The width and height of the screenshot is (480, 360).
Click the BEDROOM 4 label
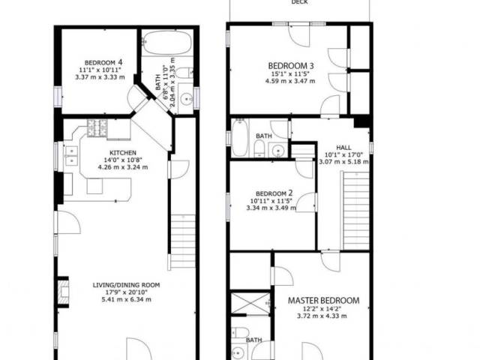coord(104,62)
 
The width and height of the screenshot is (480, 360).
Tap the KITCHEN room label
coord(123,153)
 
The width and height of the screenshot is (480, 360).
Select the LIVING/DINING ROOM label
coord(126,285)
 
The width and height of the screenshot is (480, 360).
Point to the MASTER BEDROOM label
coord(323,300)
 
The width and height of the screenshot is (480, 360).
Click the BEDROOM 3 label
coord(290,65)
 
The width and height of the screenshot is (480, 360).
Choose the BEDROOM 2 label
coord(274,193)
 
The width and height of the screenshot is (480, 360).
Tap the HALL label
coord(343,148)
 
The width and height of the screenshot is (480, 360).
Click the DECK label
coord(299,2)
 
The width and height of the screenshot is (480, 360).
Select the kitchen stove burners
coord(97,127)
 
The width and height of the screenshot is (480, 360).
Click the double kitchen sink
coord(72,155)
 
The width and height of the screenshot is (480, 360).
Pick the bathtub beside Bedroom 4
coord(167,43)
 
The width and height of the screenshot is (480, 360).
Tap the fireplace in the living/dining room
coord(64,292)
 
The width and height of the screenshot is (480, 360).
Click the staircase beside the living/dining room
coord(183,241)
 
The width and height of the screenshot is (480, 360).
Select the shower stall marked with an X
coord(250,303)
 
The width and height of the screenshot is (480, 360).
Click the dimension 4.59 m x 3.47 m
coord(290,81)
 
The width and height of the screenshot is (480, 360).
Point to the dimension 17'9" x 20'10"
coord(126,292)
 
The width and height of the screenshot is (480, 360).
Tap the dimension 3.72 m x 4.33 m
coord(322,316)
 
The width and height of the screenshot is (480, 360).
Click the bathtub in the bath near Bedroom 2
coord(240,138)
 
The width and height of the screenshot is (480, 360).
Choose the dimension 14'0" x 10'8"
coord(123,160)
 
